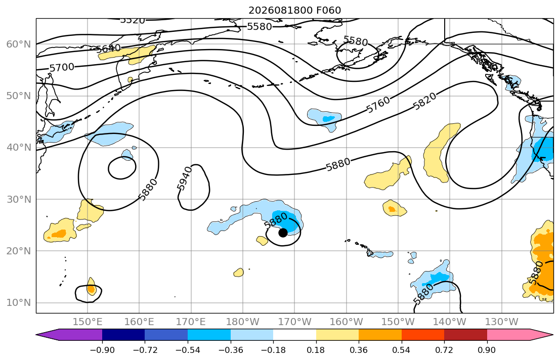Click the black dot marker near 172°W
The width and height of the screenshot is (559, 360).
(x=283, y=233)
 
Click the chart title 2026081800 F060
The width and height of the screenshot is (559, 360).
(x=294, y=10)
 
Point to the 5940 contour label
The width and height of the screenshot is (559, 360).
(x=185, y=178)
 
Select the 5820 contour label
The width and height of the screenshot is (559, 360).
(x=424, y=101)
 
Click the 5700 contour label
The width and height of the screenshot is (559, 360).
(x=62, y=67)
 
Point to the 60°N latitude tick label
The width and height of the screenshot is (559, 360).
(x=19, y=44)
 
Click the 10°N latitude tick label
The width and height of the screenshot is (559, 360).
(x=19, y=303)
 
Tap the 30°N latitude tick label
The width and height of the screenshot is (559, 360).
(x=19, y=199)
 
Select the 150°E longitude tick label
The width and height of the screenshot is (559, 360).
(x=88, y=322)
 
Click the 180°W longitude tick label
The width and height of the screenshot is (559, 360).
(x=243, y=322)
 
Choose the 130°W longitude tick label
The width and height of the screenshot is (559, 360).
(x=502, y=322)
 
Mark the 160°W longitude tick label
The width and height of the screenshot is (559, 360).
(x=347, y=322)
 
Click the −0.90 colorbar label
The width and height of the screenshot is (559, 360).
(x=102, y=350)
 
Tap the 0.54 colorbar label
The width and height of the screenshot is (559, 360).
(x=402, y=350)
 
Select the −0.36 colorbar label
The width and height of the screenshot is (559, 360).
(x=230, y=350)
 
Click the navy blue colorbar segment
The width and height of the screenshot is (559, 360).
(x=123, y=335)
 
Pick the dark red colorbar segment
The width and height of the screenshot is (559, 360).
(x=465, y=335)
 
